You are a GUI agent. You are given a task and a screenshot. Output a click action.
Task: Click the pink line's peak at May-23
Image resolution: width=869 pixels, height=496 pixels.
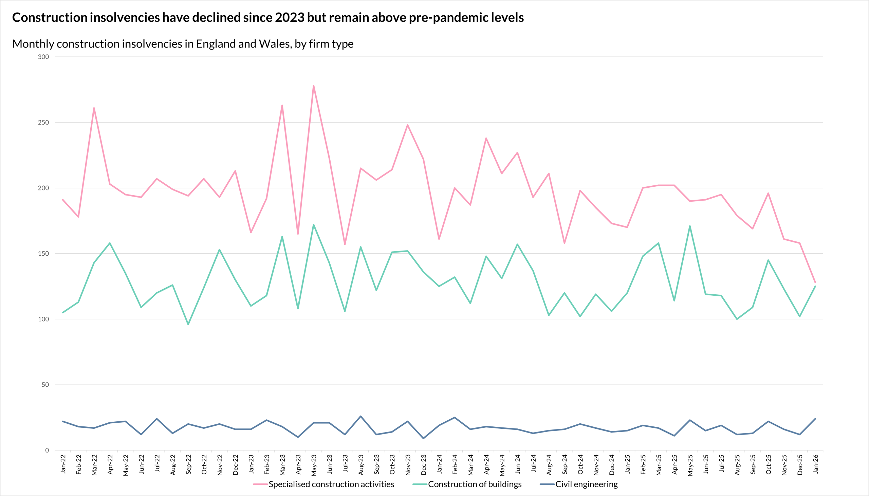tap(313, 86)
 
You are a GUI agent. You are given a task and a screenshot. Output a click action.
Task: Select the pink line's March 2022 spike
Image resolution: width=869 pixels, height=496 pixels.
tap(94, 108)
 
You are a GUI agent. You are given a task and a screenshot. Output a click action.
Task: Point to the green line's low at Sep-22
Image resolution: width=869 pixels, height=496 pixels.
tap(188, 324)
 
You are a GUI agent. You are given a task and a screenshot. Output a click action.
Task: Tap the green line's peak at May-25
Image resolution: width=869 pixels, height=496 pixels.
tap(689, 226)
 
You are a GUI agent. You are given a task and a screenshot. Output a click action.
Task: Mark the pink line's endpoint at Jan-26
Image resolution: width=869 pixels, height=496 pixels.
tap(815, 282)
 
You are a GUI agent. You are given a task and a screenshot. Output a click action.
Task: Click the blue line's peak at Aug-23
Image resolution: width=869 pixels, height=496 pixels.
tap(360, 416)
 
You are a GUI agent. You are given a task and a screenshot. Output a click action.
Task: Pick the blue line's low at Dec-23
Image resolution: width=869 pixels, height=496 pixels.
tap(423, 438)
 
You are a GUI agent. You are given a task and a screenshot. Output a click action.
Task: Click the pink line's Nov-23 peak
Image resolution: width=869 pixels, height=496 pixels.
tap(408, 125)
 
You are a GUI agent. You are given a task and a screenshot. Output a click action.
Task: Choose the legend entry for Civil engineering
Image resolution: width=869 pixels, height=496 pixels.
tap(586, 484)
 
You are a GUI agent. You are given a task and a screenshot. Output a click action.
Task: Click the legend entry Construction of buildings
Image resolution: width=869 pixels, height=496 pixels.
tap(474, 484)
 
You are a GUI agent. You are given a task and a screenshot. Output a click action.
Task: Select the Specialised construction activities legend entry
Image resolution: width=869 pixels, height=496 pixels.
tap(331, 484)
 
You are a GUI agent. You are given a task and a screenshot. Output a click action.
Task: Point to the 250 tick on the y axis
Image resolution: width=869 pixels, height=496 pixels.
tap(43, 122)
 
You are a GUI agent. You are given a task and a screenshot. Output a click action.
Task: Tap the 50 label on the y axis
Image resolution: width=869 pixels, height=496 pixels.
tap(45, 385)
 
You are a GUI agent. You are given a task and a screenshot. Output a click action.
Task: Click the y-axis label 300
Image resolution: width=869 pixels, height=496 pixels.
tap(43, 57)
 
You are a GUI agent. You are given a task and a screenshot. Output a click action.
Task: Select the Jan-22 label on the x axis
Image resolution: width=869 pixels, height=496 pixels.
tap(63, 464)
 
